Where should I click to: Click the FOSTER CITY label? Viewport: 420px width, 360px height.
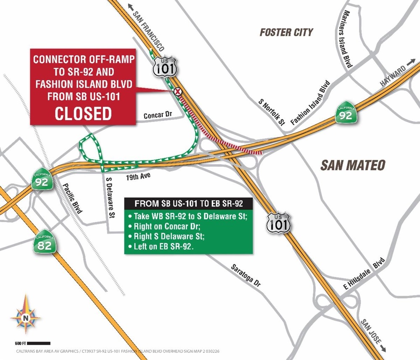coord(286,32)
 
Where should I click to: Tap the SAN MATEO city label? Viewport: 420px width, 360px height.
coord(352,165)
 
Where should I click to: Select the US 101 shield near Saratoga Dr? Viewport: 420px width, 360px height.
coord(278,222)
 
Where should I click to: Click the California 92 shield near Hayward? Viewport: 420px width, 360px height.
coord(346,113)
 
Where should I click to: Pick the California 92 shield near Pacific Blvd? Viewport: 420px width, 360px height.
coord(42,179)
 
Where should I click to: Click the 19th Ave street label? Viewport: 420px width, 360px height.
coord(138,177)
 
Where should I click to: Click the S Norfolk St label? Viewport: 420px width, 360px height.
coord(272,113)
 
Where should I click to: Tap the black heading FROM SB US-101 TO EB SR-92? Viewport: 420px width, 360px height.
coord(188,204)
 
